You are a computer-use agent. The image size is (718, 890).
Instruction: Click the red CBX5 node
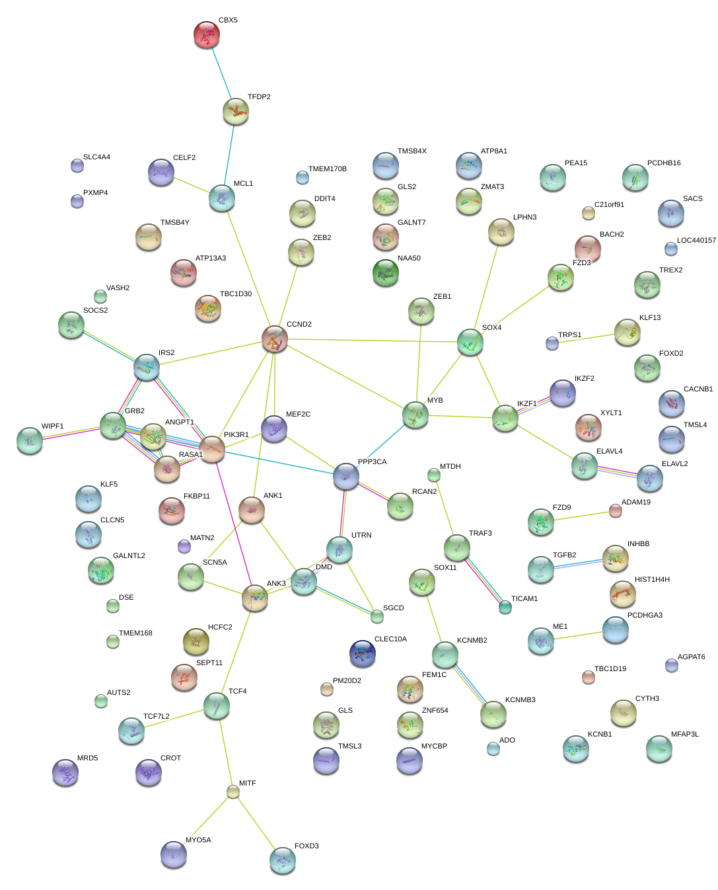coord(207,34)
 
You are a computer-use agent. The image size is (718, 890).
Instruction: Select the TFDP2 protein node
coord(236,111)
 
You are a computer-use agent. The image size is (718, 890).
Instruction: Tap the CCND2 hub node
coord(275,339)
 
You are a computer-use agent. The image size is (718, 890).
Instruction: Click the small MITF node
coord(233,791)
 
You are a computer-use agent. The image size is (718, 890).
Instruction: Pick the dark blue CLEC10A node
coord(363,653)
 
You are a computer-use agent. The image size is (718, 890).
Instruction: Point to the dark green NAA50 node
coord(386,272)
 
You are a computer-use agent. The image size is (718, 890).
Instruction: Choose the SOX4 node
coord(470,342)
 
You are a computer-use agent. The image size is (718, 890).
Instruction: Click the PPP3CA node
coord(346,476)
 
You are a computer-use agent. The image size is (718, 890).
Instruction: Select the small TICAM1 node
coord(505,606)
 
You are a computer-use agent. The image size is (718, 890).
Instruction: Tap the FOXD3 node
coord(283,860)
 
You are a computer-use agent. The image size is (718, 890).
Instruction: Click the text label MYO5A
coord(198,840)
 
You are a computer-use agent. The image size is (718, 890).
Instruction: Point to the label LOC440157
coord(696,241)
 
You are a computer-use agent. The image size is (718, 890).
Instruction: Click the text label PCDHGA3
coord(645,616)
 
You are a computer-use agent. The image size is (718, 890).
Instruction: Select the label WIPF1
coord(53,426)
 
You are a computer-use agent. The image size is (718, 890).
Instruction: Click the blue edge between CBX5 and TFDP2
coord(221,73)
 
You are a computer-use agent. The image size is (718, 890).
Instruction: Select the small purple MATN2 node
coord(184,546)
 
